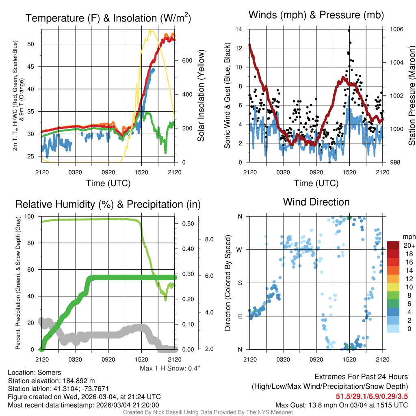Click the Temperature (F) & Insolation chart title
click(108, 18)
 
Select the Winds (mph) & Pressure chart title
click(316, 15)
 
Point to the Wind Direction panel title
click(316, 202)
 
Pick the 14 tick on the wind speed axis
click(239, 29)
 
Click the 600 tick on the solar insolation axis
click(186, 61)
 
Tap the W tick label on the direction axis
click(240, 249)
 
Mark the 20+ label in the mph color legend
click(409, 246)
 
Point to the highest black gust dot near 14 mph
click(349, 30)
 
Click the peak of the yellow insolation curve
click(151, 30)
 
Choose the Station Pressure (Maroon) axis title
click(412, 96)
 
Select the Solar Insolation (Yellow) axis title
click(201, 96)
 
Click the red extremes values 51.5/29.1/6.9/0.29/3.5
click(371, 396)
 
